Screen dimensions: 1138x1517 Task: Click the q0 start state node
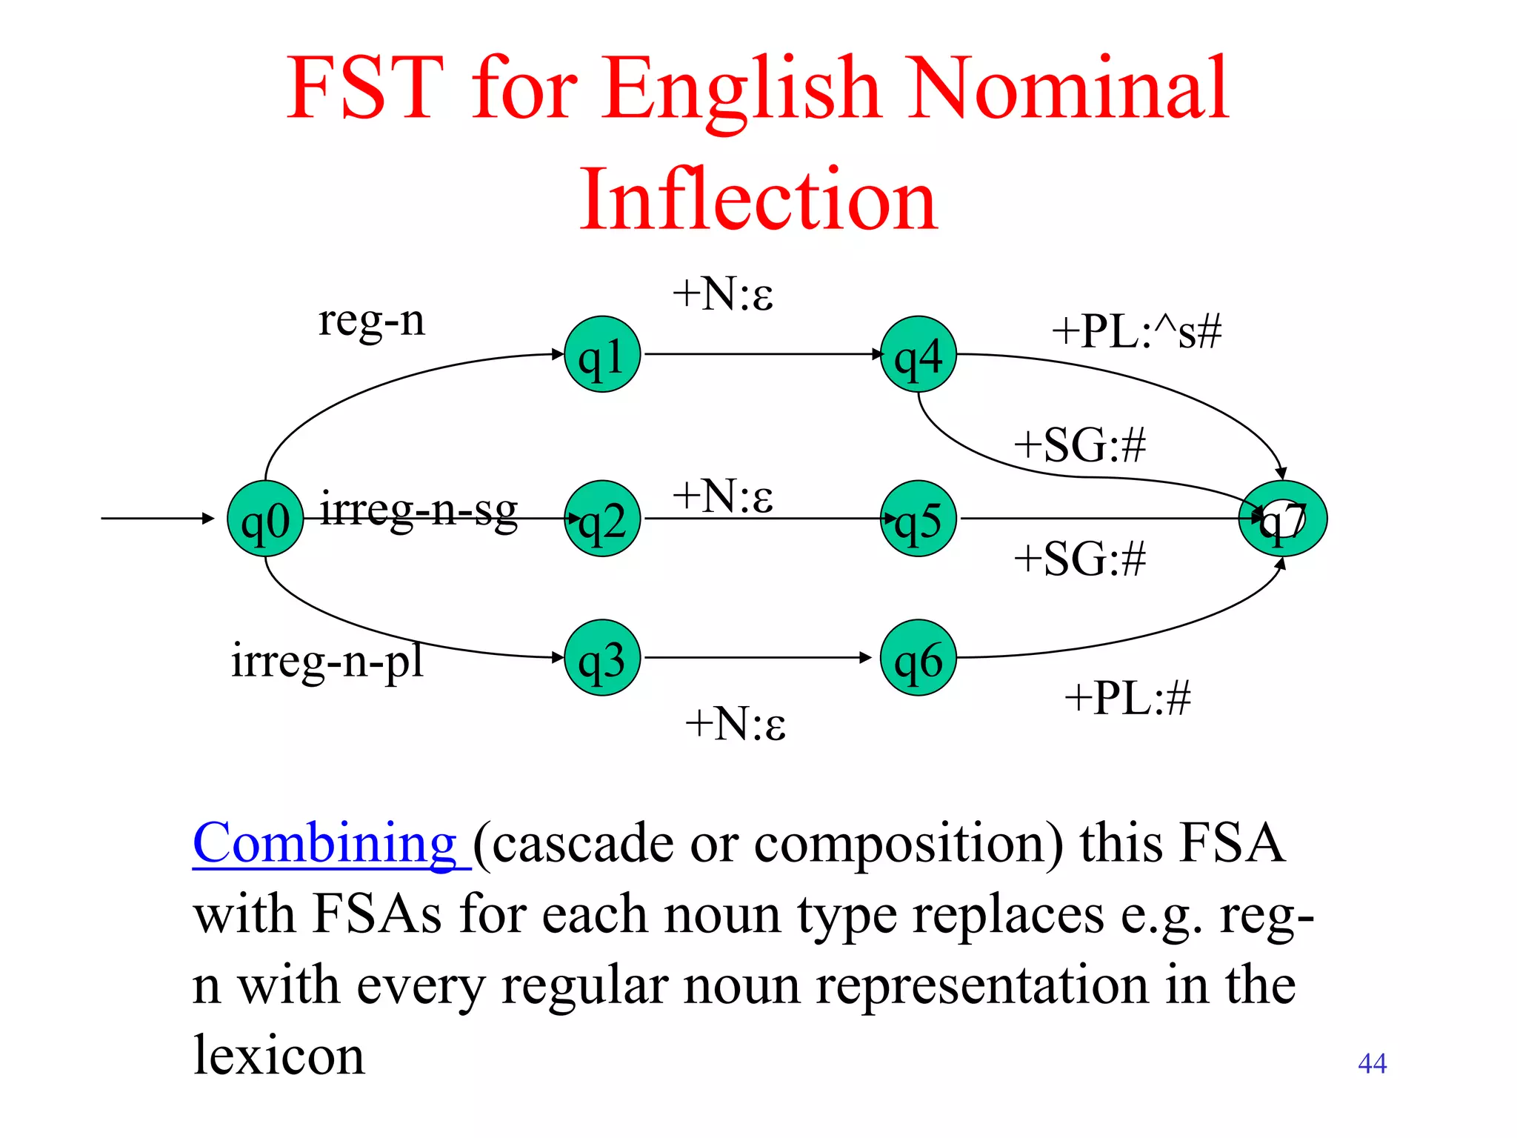[265, 519]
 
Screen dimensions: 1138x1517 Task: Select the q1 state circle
[602, 355]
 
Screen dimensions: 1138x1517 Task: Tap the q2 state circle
[602, 519]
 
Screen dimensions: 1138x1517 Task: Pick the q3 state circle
[602, 658]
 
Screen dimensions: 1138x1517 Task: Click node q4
[918, 355]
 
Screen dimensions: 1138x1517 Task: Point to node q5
[918, 519]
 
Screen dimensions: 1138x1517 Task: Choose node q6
[918, 658]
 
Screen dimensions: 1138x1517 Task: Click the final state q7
[1283, 519]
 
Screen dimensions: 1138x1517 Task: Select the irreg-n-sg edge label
[419, 510]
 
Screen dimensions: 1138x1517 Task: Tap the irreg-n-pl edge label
[327, 661]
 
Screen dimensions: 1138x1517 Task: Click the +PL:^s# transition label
[1136, 331]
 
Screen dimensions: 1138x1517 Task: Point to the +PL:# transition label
[1127, 698]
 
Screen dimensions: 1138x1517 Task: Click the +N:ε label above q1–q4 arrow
[723, 293]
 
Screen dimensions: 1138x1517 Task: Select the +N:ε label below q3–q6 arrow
[735, 723]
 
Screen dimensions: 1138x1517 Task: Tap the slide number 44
[1372, 1063]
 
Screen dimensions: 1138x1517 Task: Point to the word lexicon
[279, 1055]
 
